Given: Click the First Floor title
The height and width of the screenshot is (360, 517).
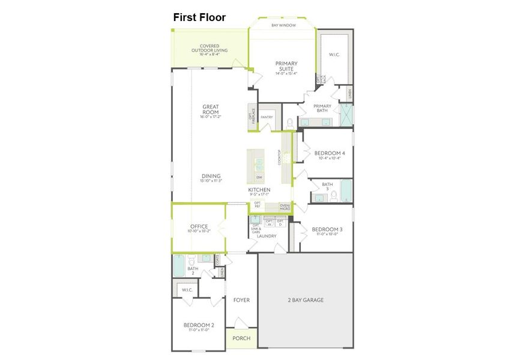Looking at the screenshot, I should click(199, 17).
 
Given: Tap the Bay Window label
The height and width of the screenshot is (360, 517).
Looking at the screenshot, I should click(283, 25).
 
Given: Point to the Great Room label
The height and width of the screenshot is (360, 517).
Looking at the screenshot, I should click(210, 110).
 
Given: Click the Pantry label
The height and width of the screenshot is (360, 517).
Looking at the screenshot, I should click(267, 118).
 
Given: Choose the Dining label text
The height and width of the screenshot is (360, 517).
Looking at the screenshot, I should click(211, 176).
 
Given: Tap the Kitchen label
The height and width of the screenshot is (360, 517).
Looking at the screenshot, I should click(259, 190).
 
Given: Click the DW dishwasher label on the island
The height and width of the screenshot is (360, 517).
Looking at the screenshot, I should click(259, 178).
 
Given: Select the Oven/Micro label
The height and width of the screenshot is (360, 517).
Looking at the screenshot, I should click(285, 207).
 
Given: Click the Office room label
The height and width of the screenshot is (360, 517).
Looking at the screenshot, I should click(199, 227).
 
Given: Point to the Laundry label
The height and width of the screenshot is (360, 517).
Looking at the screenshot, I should click(267, 236).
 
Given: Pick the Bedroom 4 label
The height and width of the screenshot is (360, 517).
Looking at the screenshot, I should click(329, 154).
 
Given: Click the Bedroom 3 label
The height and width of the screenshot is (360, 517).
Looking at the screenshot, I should click(327, 229).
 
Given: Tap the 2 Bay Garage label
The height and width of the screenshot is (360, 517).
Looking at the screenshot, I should click(305, 300).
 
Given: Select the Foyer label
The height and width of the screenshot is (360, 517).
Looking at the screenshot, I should click(241, 300).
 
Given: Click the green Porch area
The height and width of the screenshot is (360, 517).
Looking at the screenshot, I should click(241, 338).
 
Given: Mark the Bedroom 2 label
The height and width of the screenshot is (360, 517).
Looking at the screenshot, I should click(198, 326).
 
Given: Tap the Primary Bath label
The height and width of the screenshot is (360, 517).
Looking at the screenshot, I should click(322, 108).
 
